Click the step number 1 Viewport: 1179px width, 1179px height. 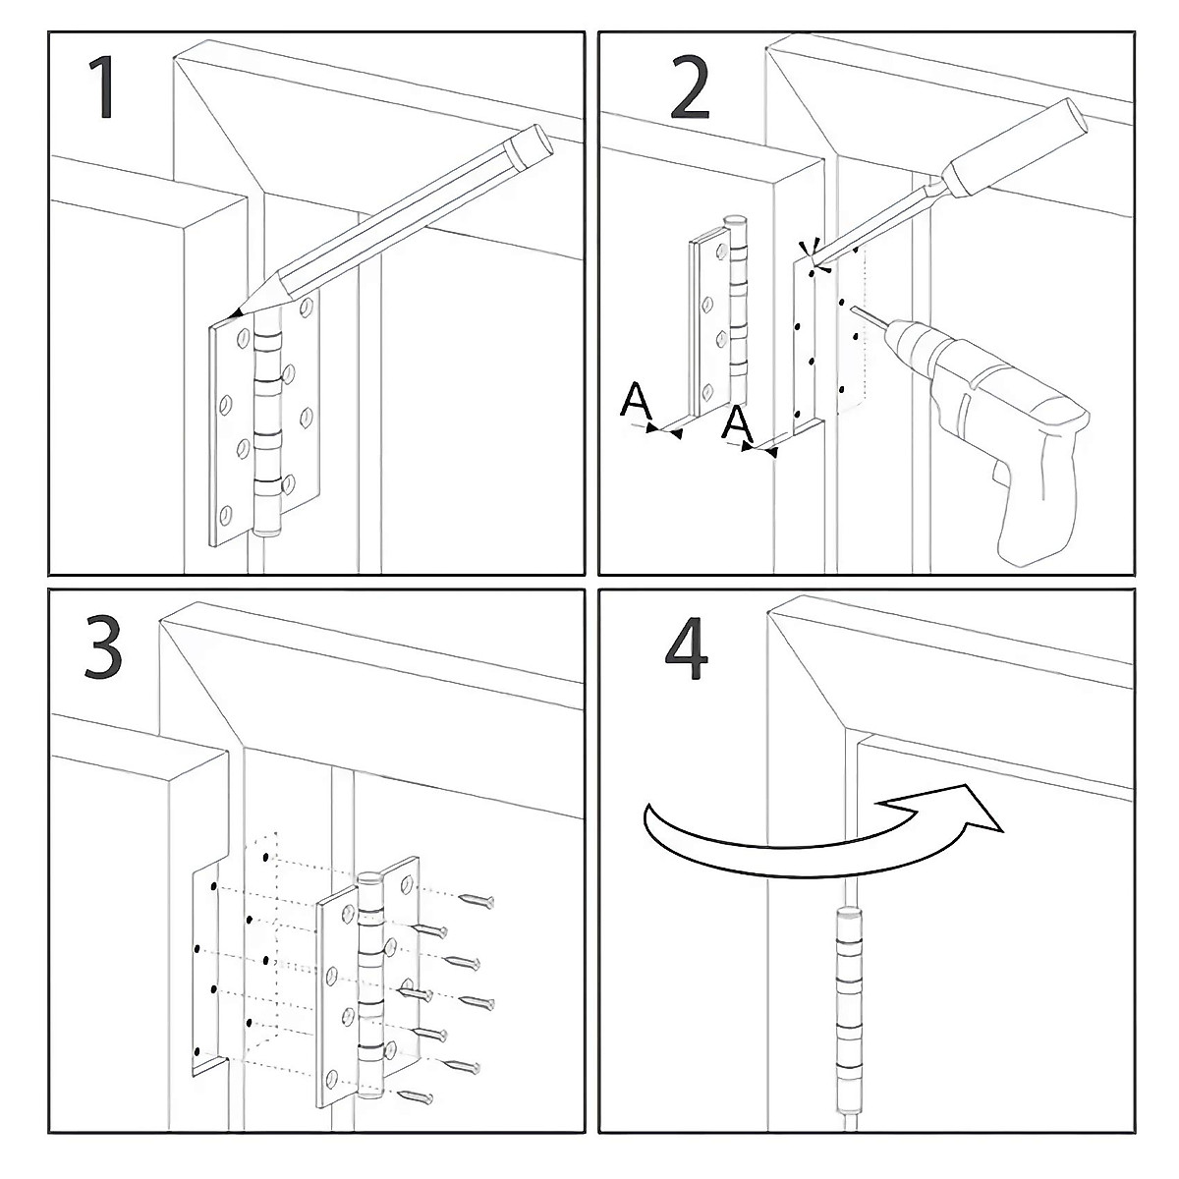tap(103, 87)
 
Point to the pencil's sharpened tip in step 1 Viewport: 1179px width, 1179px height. tap(233, 314)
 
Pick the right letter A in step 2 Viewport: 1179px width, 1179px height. tap(737, 423)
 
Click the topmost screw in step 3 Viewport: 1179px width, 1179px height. tap(477, 900)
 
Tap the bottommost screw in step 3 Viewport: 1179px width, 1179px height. tap(416, 1095)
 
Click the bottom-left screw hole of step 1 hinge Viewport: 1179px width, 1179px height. tap(226, 513)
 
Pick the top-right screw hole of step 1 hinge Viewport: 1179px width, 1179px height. tap(307, 307)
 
